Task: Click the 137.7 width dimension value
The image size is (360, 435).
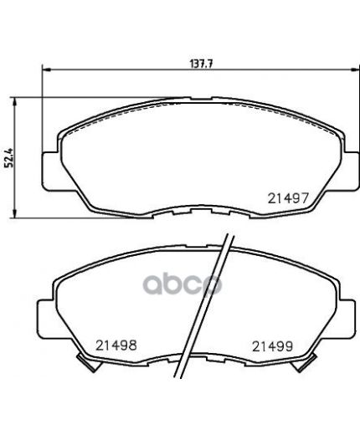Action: point(202,64)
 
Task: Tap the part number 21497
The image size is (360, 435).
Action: point(288,198)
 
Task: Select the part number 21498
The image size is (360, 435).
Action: point(116,345)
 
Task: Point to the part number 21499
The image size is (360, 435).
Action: point(272,346)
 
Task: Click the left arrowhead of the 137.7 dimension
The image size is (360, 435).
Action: point(46,69)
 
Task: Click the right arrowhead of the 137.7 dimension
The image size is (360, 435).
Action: point(354,69)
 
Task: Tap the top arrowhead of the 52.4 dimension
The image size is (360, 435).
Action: point(14,102)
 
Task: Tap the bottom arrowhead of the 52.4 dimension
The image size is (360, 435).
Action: point(14,213)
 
